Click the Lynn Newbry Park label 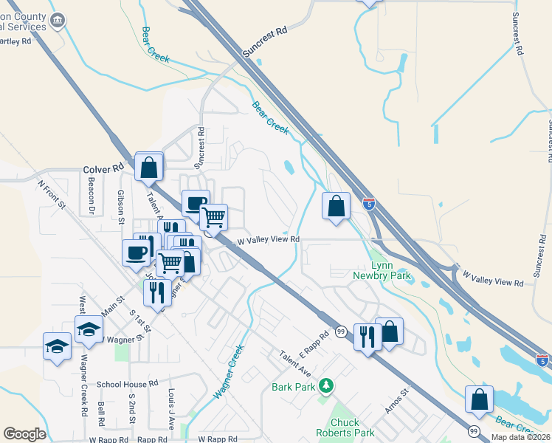pyautogui.click(x=391, y=271)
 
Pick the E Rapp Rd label pyautogui.click(x=314, y=342)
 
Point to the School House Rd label pyautogui.click(x=128, y=384)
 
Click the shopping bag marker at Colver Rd pyautogui.click(x=149, y=168)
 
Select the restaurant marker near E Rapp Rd pyautogui.click(x=367, y=337)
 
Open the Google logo pyautogui.click(x=24, y=434)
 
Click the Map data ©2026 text pyautogui.click(x=521, y=437)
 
